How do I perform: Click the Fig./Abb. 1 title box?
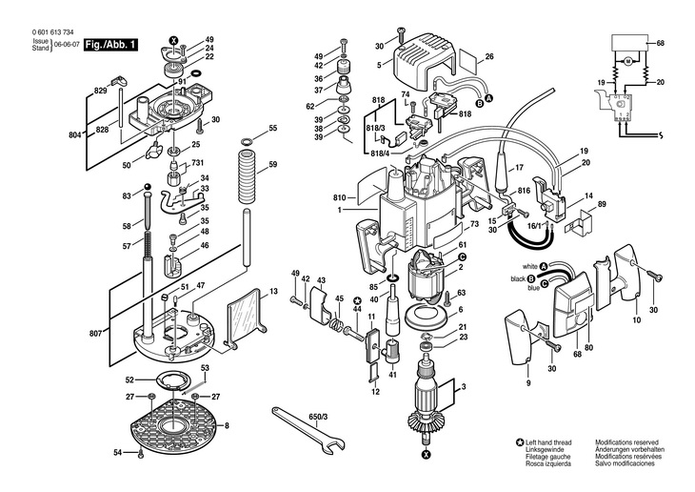tap(110, 45)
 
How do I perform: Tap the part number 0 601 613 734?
tap(52, 32)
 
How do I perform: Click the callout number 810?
tap(340, 197)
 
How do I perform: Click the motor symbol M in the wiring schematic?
tap(627, 61)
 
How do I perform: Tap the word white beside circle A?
tap(529, 267)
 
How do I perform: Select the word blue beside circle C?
tap(534, 288)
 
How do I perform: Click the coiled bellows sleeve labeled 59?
tap(247, 176)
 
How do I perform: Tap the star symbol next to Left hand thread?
tap(520, 442)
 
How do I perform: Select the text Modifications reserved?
tap(626, 442)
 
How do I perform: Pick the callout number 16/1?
tap(534, 226)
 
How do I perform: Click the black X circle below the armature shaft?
tap(426, 454)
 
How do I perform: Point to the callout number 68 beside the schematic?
tap(660, 43)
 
